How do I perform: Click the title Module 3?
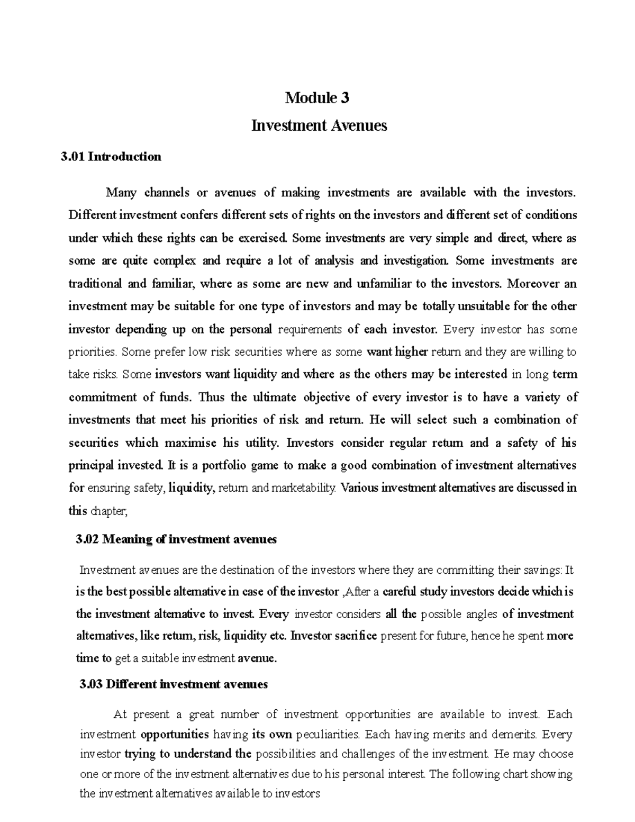point(317,98)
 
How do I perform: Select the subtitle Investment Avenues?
point(319,125)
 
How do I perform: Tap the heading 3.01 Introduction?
point(111,157)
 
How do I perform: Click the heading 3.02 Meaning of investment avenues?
point(176,539)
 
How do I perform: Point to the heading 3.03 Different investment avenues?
point(173,684)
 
